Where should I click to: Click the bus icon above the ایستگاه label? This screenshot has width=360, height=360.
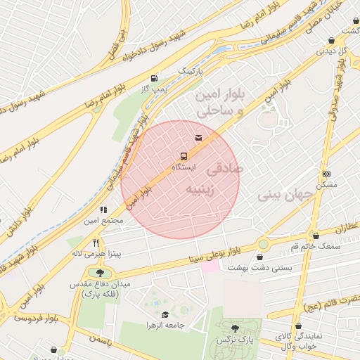click(184, 156)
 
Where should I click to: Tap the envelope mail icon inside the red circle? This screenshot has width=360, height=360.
click(198, 136)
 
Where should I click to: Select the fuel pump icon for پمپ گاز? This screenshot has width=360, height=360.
click(153, 77)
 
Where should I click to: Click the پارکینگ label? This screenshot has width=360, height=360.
click(189, 72)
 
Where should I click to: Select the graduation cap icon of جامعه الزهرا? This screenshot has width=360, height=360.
click(165, 314)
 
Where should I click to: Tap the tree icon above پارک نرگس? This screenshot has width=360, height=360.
click(235, 328)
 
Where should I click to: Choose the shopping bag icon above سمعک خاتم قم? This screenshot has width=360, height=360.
click(316, 236)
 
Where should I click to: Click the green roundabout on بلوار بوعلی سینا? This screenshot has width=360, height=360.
click(263, 243)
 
